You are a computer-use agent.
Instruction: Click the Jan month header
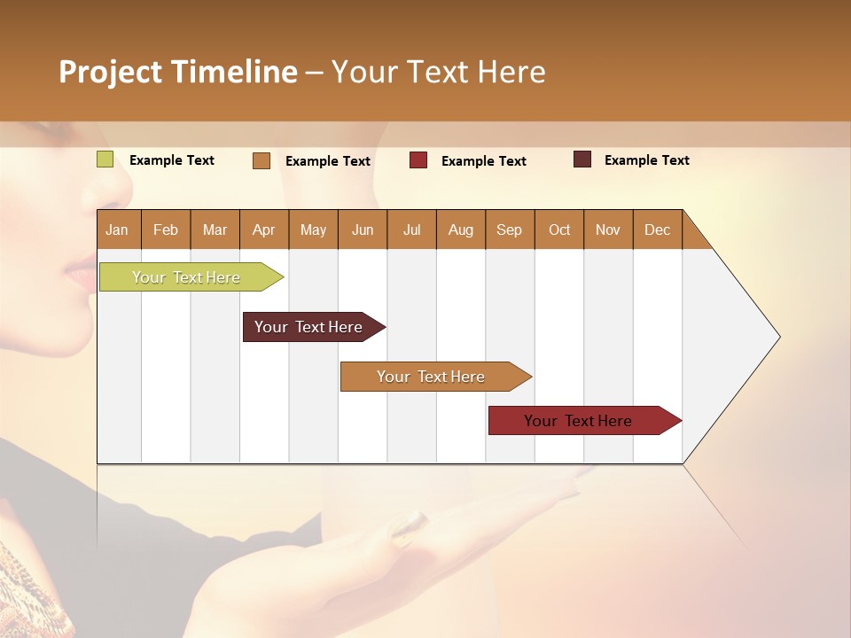tap(117, 230)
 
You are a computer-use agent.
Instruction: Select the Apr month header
tap(263, 230)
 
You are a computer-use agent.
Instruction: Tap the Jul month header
tap(411, 230)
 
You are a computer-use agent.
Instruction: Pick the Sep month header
tap(509, 230)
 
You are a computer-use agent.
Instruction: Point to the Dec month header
tap(657, 230)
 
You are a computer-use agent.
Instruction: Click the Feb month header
tap(166, 230)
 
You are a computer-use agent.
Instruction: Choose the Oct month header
tap(559, 230)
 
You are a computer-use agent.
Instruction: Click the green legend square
tap(105, 159)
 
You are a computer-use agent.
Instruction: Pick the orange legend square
tap(262, 160)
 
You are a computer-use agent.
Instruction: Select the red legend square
tap(418, 160)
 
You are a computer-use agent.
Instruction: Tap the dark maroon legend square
tap(582, 159)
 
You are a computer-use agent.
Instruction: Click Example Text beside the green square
tap(172, 160)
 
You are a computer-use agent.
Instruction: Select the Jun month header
tap(363, 230)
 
